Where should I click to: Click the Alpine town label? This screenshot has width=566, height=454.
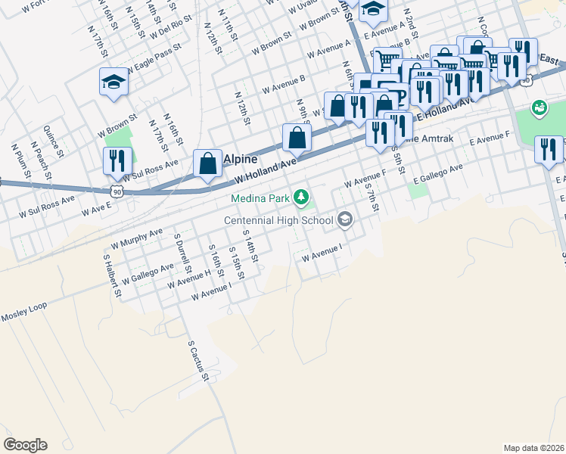tap(241, 160)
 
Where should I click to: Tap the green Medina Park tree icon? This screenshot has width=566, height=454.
tap(302, 197)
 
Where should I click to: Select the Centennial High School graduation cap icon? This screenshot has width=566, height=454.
tap(345, 220)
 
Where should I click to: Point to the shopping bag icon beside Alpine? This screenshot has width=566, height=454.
tap(207, 164)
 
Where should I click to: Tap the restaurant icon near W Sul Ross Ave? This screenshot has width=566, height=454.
tap(117, 160)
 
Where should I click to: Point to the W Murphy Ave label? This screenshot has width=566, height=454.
tap(137, 238)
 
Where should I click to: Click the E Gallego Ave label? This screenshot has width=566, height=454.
tap(437, 173)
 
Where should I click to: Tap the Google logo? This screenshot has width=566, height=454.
tap(25, 445)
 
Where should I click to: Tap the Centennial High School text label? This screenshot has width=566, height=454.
tap(278, 221)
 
